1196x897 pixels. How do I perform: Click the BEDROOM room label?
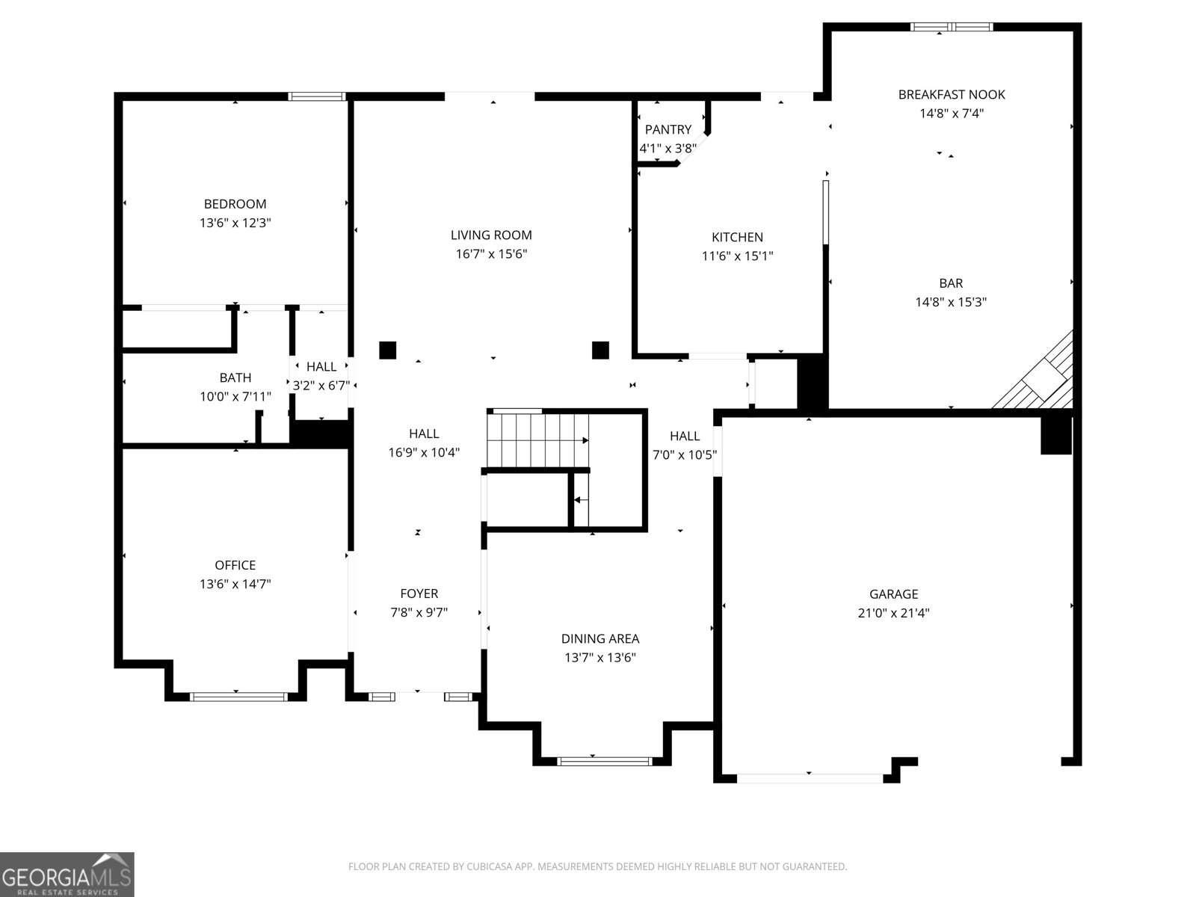point(235,204)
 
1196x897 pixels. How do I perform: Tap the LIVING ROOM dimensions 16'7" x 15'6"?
point(491,254)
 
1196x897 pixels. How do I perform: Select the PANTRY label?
point(668,130)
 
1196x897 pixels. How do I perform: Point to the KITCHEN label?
point(737,237)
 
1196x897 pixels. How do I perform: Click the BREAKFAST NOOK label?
point(951,95)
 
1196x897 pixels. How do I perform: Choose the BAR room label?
point(951,283)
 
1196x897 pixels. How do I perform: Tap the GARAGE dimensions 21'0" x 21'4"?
point(893,614)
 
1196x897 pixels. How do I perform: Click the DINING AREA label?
point(599,639)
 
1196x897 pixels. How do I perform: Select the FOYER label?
point(419,594)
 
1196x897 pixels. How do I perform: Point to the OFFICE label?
point(235,566)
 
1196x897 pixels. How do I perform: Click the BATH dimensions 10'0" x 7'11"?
point(235,397)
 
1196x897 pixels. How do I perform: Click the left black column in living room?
point(387,350)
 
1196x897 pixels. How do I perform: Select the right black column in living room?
point(600,350)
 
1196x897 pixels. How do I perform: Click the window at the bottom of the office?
point(238,697)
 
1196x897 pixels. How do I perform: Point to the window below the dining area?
point(604,761)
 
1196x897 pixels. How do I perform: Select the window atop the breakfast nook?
point(951,28)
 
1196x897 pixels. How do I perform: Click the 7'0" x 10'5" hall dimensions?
point(685,454)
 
